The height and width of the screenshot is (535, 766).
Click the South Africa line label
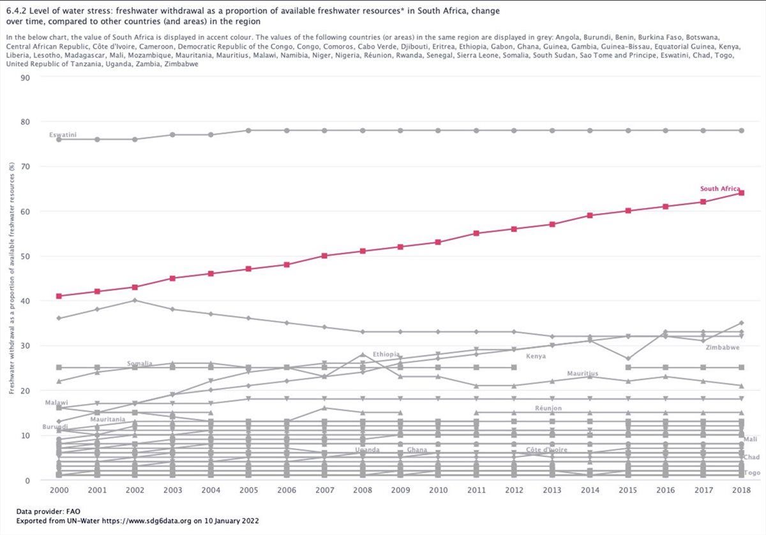coord(719,189)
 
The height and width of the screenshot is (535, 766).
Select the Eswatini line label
coord(62,135)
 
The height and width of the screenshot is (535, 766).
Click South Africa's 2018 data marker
coord(741,193)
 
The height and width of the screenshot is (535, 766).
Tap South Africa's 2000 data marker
coord(59,296)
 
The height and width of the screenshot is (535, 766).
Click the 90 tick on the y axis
coord(26,77)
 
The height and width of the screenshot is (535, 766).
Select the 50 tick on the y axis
coord(26,256)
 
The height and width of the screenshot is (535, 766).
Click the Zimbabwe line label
coord(723,348)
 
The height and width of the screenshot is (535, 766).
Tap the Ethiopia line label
coord(386,354)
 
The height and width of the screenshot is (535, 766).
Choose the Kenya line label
coord(536,356)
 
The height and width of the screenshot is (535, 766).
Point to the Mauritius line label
coord(582,374)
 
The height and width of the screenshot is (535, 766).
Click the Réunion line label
coord(548,408)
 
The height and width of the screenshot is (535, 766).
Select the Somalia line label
coord(139,363)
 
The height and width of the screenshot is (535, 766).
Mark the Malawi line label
coord(56,403)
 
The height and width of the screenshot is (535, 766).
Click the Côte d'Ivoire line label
coord(546,450)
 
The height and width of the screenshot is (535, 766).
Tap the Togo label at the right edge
coord(752,473)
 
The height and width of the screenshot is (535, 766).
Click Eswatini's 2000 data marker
coord(59,139)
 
